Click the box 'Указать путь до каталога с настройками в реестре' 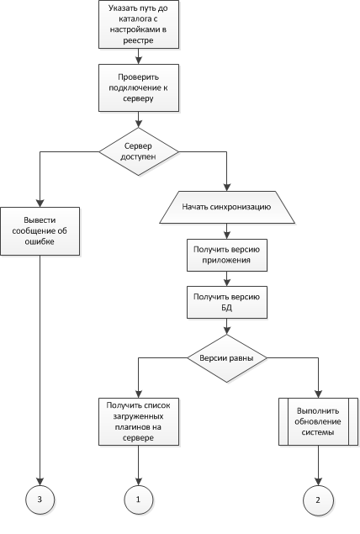[x=139, y=24]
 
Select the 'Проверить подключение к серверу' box [x=139, y=87]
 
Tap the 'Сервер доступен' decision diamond [x=139, y=151]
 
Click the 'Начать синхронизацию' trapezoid [x=227, y=207]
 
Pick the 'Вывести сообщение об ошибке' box [x=40, y=231]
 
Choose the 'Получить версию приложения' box [x=227, y=255]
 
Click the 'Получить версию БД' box [x=227, y=303]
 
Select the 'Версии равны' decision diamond [x=227, y=358]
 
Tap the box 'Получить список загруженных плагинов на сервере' [x=139, y=421]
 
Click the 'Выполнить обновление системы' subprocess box [x=319, y=421]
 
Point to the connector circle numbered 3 [x=40, y=500]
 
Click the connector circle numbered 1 [x=139, y=500]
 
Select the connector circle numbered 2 [x=318, y=500]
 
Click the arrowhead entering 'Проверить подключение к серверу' [x=139, y=61]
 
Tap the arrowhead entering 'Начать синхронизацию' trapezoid [x=227, y=188]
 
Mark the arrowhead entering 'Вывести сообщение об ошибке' [x=40, y=204]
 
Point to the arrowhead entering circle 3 [x=40, y=482]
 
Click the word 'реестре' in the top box [x=138, y=40]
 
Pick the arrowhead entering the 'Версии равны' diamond [x=227, y=330]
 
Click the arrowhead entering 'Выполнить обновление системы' [x=319, y=394]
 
